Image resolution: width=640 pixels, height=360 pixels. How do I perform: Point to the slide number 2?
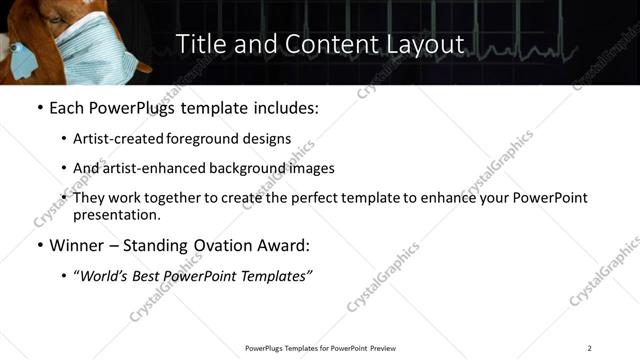(589, 348)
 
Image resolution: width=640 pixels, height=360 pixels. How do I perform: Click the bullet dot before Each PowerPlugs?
(38, 107)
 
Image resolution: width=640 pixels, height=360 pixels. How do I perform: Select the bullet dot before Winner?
(38, 244)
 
